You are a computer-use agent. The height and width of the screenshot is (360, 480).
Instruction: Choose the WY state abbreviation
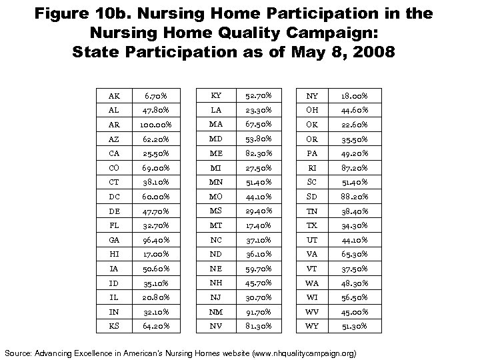pos(312,327)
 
